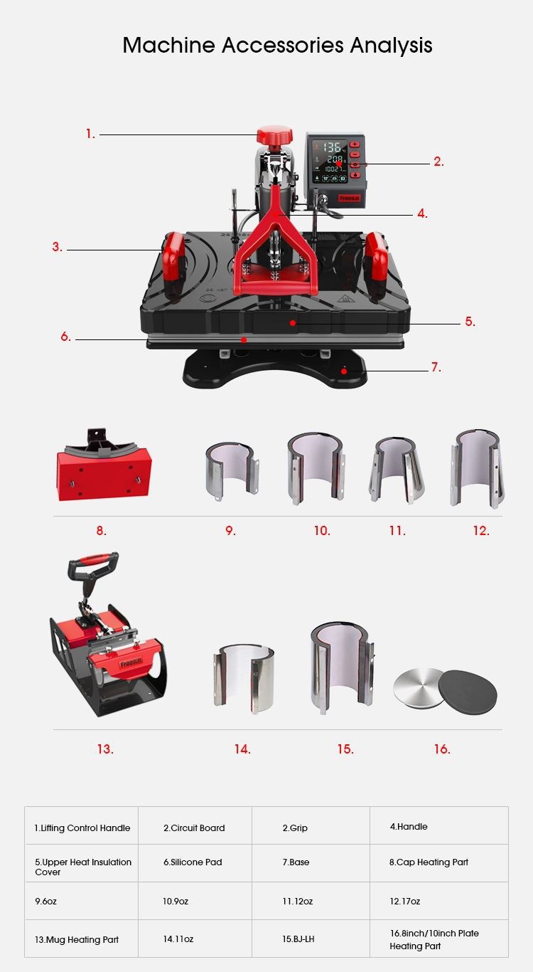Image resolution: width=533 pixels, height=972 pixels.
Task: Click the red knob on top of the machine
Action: point(274,135)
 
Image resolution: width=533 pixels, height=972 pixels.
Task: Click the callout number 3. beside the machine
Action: point(57,247)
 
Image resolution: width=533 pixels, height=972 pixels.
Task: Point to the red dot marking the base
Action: point(344,371)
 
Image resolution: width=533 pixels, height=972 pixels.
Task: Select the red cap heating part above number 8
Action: point(103,465)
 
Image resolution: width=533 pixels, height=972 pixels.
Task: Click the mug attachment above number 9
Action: point(232,471)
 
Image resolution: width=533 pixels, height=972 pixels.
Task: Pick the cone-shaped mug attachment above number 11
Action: point(396,470)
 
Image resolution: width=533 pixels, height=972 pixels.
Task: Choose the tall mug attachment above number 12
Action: point(477,469)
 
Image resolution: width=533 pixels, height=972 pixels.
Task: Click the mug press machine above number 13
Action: point(108,633)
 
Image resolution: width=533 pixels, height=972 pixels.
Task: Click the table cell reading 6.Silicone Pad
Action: point(195,862)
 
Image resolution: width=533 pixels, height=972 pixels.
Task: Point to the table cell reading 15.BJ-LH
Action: point(311,939)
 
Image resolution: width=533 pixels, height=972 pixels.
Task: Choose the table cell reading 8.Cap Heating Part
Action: point(439,862)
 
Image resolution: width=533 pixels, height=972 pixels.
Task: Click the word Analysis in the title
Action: point(391,45)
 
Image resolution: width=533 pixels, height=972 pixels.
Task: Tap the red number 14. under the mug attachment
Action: point(242,749)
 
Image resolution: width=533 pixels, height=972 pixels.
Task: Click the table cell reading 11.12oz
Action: point(311,901)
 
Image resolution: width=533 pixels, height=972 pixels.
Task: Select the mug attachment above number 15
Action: point(343,668)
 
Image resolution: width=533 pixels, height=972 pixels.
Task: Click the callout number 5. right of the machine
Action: point(470,322)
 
